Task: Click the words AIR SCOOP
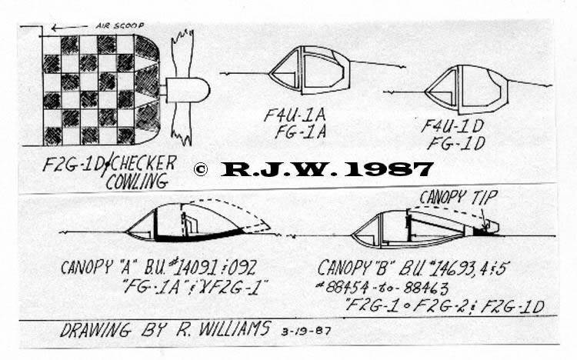point(119,25)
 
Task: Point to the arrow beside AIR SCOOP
point(69,27)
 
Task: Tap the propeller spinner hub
point(188,90)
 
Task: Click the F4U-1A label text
point(295,115)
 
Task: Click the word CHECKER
point(143,164)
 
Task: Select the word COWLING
point(137,182)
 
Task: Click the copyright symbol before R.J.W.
point(201,169)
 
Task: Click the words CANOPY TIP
point(459,197)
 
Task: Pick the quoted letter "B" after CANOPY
point(382,268)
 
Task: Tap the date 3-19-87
point(305,331)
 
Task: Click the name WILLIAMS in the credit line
point(235,328)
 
